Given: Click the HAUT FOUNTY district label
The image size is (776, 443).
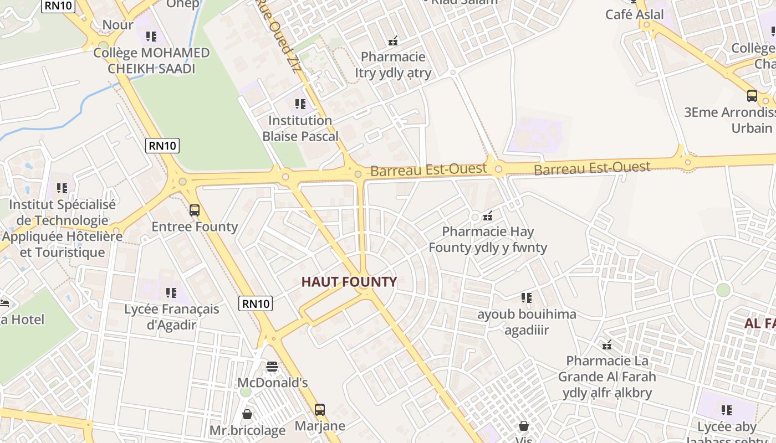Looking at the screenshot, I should point(349,282).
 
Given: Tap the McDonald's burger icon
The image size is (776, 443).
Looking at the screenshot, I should point(272,366).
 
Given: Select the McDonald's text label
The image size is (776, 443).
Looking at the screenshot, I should point(272,383).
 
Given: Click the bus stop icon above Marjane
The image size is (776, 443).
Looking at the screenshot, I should point(320,410).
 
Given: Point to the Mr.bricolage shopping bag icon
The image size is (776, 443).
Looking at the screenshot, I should point(247,414).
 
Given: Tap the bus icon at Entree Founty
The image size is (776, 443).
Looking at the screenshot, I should point(195,210).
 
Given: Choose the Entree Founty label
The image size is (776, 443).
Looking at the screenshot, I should point(195,226).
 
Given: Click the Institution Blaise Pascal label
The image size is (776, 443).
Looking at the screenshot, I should point(300,128).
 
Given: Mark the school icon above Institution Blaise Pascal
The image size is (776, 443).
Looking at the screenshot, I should point(300,104).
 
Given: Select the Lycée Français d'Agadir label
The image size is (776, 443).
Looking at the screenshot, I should point(172,317).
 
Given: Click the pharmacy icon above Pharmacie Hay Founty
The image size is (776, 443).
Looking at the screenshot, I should point(488,215).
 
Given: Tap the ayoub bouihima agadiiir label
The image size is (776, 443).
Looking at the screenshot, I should point(527,322).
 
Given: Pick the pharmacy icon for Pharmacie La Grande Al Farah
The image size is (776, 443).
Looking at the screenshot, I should point(607,345).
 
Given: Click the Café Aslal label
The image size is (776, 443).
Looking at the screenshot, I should point(635,14).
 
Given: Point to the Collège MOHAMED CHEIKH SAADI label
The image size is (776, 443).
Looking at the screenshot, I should point(151,61).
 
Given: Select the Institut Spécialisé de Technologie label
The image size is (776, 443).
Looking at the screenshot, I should point(62,213).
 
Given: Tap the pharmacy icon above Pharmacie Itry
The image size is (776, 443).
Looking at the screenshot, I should point(393,40).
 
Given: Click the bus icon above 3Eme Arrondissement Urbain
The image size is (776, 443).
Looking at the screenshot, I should point(752,95).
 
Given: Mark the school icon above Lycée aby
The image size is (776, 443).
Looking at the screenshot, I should point(727,410).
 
